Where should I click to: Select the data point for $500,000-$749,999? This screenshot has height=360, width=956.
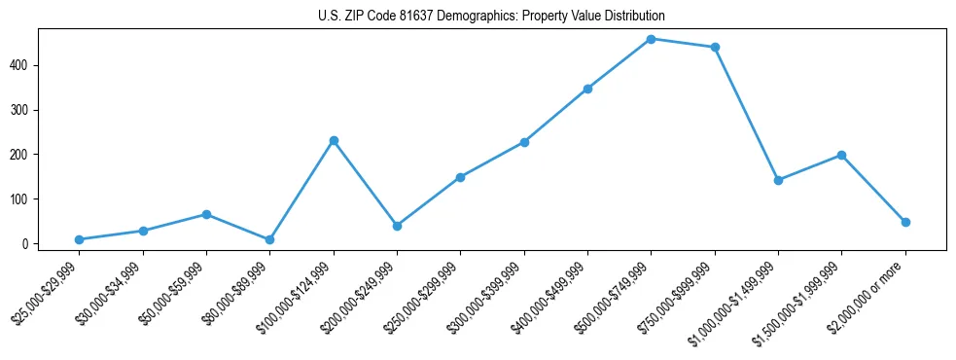[651, 39]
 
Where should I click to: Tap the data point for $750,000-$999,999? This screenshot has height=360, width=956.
[715, 47]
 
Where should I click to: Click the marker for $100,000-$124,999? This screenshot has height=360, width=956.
[334, 140]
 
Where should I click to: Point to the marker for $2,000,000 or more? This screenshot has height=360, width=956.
[905, 222]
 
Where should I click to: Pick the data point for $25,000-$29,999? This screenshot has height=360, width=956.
[79, 239]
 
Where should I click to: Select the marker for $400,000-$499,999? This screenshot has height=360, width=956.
[587, 89]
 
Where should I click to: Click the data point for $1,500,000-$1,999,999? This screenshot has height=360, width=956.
[841, 155]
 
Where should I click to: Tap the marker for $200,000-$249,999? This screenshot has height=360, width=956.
[397, 226]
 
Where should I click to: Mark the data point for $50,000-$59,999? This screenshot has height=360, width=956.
[206, 214]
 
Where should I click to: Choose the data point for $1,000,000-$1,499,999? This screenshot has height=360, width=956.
[778, 180]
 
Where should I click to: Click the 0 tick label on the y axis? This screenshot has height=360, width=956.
[39, 244]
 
